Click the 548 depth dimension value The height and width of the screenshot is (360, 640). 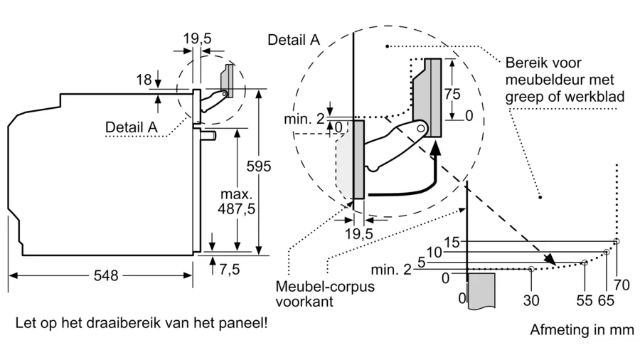pos(106,275)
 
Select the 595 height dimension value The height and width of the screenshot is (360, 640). pos(259,166)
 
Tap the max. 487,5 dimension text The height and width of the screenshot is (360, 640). pos(236,201)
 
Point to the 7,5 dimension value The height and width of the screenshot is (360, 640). pos(230,270)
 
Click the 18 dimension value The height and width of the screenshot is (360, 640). pos(144,80)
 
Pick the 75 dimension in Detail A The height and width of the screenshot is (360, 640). pos(452,95)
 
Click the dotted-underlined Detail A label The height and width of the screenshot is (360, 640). pos(131,127)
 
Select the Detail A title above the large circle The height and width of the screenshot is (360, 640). pos(294,40)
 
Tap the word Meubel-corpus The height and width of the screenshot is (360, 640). pos(325,286)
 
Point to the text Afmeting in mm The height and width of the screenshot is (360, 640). pos(582,330)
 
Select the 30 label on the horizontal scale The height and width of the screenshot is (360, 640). pos(531,300)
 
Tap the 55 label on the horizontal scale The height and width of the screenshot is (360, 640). pos(584,300)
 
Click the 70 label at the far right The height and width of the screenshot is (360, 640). pos(622,285)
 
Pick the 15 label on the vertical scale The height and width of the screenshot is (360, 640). pos(452,242)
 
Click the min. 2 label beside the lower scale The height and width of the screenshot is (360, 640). pos(391,270)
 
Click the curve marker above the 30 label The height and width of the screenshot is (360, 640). pos(531,269)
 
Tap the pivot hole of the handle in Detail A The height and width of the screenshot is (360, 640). pos(421,129)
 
